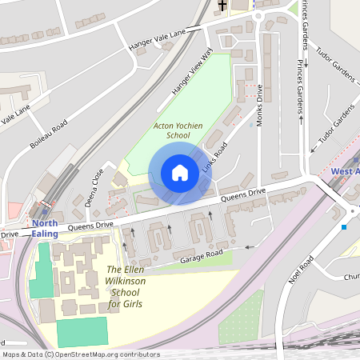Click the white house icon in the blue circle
pyautogui.click(x=179, y=173)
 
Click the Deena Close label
pyautogui.click(x=94, y=187)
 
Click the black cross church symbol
pyautogui.click(x=222, y=6)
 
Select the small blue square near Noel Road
pyautogui.click(x=344, y=227)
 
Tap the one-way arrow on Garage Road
pyautogui.click(x=248, y=246)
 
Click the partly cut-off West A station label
pyautogui.click(x=345, y=171)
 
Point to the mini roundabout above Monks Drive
pyautogui.click(x=258, y=14)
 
